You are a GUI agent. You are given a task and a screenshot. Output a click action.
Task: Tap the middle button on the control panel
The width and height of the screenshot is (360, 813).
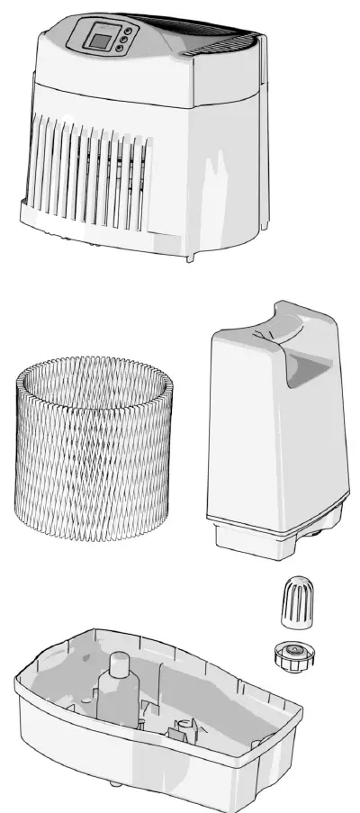(x=126, y=40)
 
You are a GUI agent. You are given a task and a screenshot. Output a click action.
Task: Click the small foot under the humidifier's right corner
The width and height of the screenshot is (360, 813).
(x=192, y=258)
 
